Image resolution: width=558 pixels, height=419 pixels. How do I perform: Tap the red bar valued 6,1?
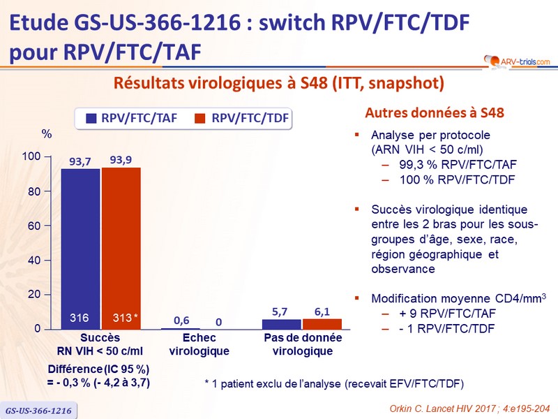click(x=323, y=323)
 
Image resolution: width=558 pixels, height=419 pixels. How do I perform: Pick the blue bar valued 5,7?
click(x=282, y=324)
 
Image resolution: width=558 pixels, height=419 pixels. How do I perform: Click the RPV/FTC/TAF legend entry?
click(x=130, y=119)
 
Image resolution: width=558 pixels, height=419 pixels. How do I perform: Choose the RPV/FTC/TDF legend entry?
click(x=241, y=119)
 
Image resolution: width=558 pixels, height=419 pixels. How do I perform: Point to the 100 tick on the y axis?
click(x=33, y=156)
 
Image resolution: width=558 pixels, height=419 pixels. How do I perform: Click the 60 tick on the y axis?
click(x=36, y=226)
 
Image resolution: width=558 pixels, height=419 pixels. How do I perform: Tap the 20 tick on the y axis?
click(x=36, y=294)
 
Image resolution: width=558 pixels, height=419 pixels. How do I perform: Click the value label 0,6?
click(x=181, y=321)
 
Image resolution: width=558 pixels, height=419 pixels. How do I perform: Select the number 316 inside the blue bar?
click(x=80, y=318)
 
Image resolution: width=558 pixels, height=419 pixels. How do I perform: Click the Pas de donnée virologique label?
click(x=302, y=344)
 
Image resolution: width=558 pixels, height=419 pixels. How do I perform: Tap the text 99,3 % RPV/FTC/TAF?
click(x=457, y=164)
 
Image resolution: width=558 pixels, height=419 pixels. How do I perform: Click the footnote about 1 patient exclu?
click(x=333, y=383)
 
